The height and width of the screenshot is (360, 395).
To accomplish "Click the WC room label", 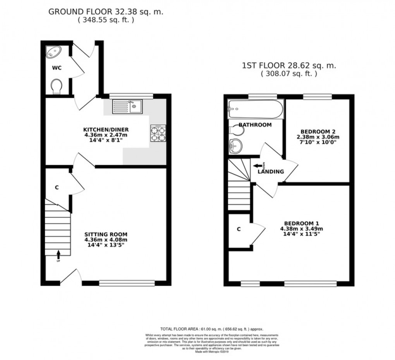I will (x=57, y=68).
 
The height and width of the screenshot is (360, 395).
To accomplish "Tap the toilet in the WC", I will (x=57, y=86).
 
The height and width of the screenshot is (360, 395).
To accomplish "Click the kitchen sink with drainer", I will (x=127, y=107).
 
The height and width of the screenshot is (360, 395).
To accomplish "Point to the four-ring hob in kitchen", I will (x=158, y=134).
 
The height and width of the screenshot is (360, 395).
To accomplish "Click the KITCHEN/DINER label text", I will (x=106, y=129).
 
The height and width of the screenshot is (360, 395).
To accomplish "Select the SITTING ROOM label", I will (x=106, y=234).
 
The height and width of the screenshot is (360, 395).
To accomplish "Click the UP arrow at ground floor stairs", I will (x=58, y=255).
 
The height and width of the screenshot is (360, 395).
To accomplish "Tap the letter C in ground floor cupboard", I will (x=57, y=188).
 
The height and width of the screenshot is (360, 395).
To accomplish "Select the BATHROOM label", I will (x=255, y=125).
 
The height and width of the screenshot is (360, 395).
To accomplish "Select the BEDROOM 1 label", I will (x=301, y=223).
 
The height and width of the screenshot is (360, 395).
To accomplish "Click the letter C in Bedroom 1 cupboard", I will (x=239, y=229).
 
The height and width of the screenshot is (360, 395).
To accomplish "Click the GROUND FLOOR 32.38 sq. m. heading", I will (x=106, y=12).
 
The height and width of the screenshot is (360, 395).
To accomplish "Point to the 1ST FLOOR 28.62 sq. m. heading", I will (x=289, y=65).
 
